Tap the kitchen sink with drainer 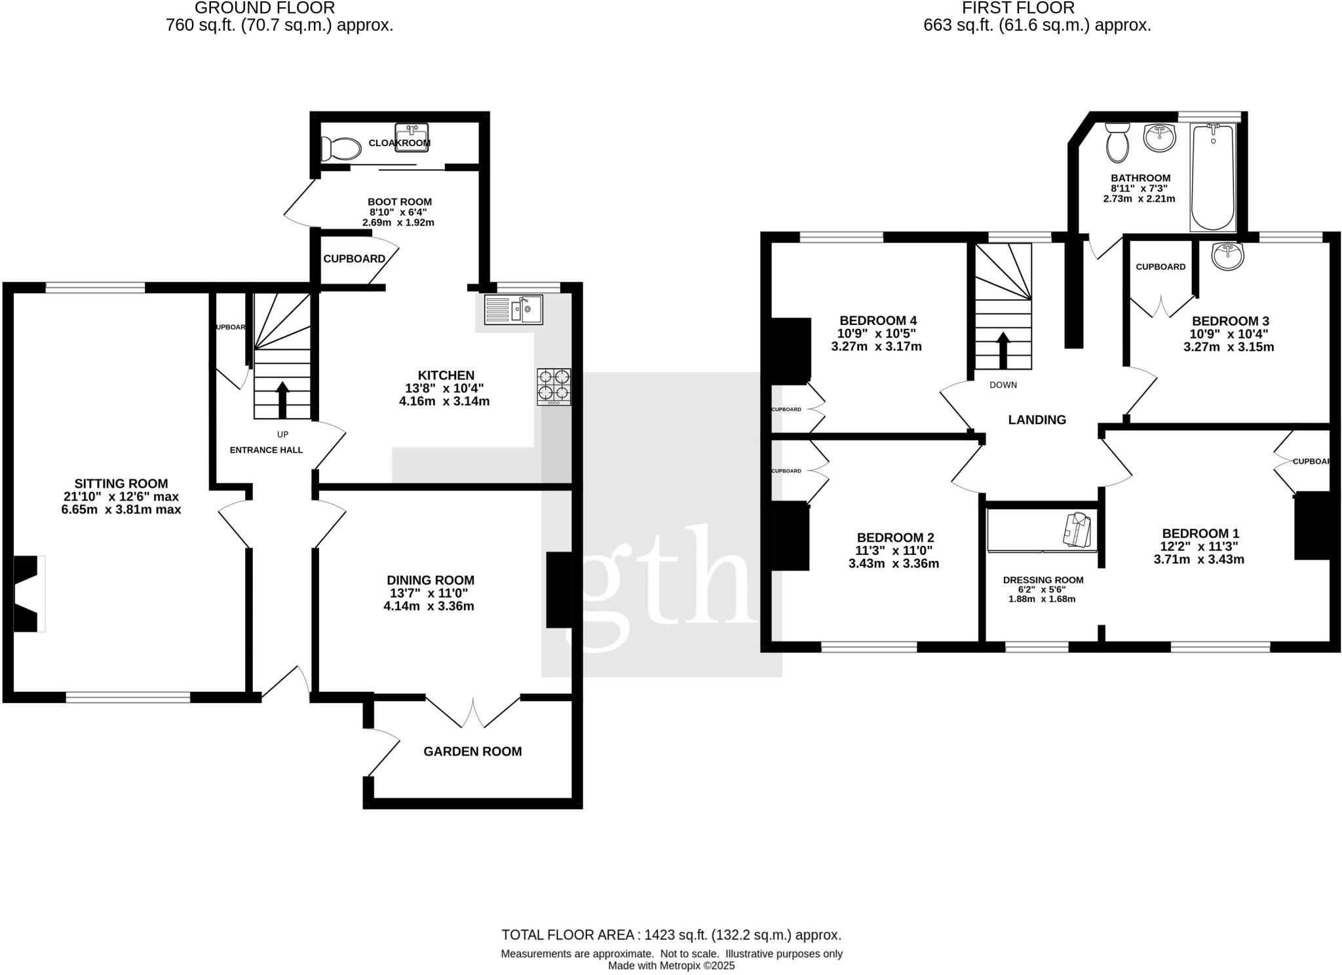pyautogui.click(x=514, y=309)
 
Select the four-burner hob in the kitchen pyautogui.click(x=554, y=387)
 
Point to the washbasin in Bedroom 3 pyautogui.click(x=1228, y=256)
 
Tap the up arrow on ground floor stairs pyautogui.click(x=282, y=399)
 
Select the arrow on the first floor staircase pyautogui.click(x=1003, y=351)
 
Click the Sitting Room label pyautogui.click(x=121, y=484)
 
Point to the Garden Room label pyautogui.click(x=472, y=752)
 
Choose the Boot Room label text pyautogui.click(x=399, y=202)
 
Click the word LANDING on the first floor pyautogui.click(x=1037, y=420)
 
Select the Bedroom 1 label pyautogui.click(x=1200, y=533)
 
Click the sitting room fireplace pyautogui.click(x=28, y=594)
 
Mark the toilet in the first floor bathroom pyautogui.click(x=1117, y=144)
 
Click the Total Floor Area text pyautogui.click(x=671, y=935)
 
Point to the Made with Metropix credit pyautogui.click(x=671, y=966)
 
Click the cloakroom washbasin pyautogui.click(x=412, y=136)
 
